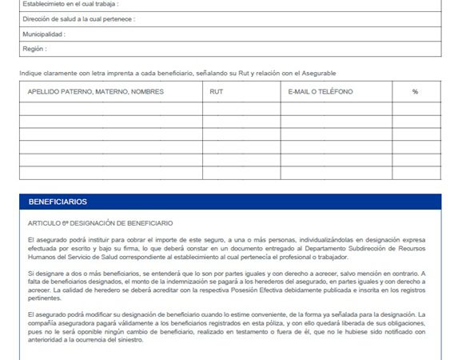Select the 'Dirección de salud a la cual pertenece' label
(78, 18)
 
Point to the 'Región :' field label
(34, 49)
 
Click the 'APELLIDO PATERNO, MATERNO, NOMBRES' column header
(95, 92)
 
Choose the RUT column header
(216, 92)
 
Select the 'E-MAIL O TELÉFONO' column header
(320, 92)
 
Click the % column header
(415, 92)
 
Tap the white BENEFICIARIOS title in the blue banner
(58, 202)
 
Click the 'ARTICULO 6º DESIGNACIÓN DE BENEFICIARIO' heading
(100, 223)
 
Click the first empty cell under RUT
(241, 109)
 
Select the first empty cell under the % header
(415, 109)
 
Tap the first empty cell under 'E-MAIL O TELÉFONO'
(335, 109)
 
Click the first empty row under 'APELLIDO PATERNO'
(110, 109)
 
